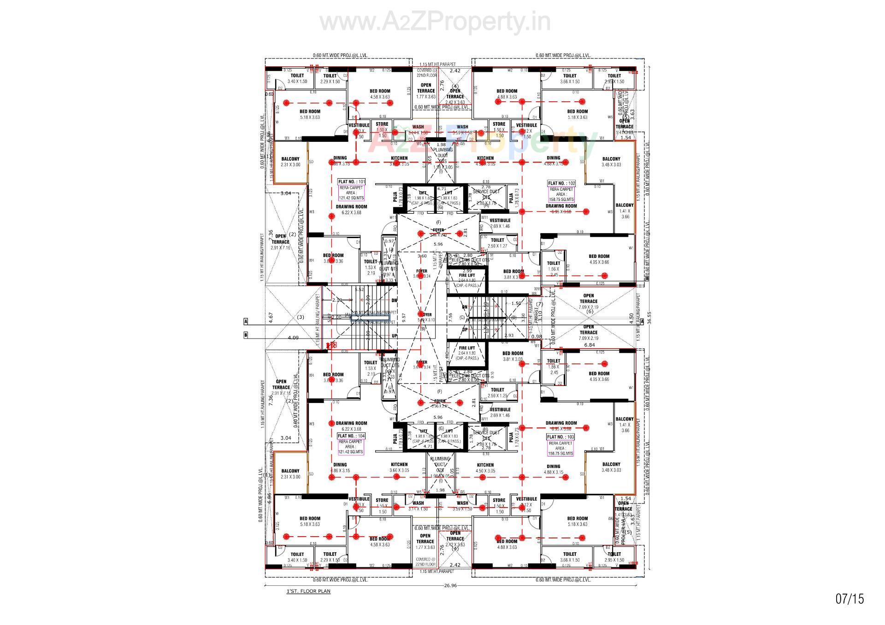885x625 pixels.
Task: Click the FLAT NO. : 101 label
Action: [352, 182]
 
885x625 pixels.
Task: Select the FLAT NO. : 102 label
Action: [561, 183]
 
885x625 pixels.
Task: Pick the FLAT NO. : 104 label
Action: [351, 436]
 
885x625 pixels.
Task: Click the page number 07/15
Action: [850, 599]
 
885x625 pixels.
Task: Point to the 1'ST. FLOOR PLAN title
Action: [308, 591]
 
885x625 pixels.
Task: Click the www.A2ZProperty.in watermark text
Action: [435, 22]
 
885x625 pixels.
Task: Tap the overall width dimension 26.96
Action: [450, 585]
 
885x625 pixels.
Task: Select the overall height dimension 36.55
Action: [649, 318]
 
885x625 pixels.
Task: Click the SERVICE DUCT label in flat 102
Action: [486, 192]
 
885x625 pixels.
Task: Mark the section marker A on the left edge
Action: [246, 321]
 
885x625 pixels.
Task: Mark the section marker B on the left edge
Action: [246, 335]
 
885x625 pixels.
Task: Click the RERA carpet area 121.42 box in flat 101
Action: [351, 193]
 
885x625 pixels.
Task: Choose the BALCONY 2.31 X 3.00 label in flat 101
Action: [290, 162]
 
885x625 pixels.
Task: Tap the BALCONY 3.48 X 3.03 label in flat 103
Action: [611, 467]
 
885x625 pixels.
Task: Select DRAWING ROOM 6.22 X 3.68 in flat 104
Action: [351, 426]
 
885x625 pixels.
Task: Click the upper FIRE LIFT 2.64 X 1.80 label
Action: [466, 278]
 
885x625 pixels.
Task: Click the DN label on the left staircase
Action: [394, 300]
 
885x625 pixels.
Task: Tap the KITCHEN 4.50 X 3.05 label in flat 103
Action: [485, 467]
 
